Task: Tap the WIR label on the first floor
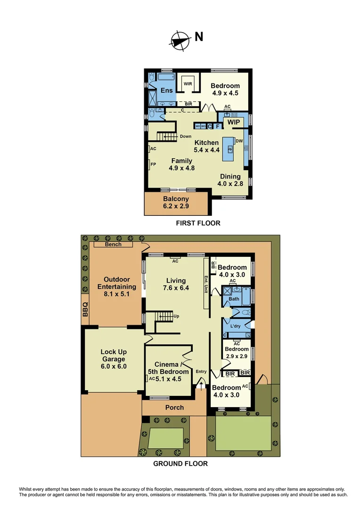(188, 84)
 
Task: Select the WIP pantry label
(234, 123)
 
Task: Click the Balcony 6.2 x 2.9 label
(176, 203)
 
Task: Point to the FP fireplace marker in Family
(153, 164)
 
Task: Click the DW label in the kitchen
(239, 141)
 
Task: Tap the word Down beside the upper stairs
(186, 136)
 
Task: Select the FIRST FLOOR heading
(198, 223)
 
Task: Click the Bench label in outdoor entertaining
(113, 244)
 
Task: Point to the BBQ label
(85, 311)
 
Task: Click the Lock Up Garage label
(114, 359)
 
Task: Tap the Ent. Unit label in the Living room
(206, 284)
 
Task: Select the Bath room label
(234, 299)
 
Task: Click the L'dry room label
(236, 326)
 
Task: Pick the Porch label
(174, 407)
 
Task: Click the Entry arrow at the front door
(202, 386)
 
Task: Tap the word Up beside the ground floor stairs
(176, 316)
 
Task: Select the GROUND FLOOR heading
(180, 464)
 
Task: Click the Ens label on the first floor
(167, 90)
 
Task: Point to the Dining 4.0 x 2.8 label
(230, 180)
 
